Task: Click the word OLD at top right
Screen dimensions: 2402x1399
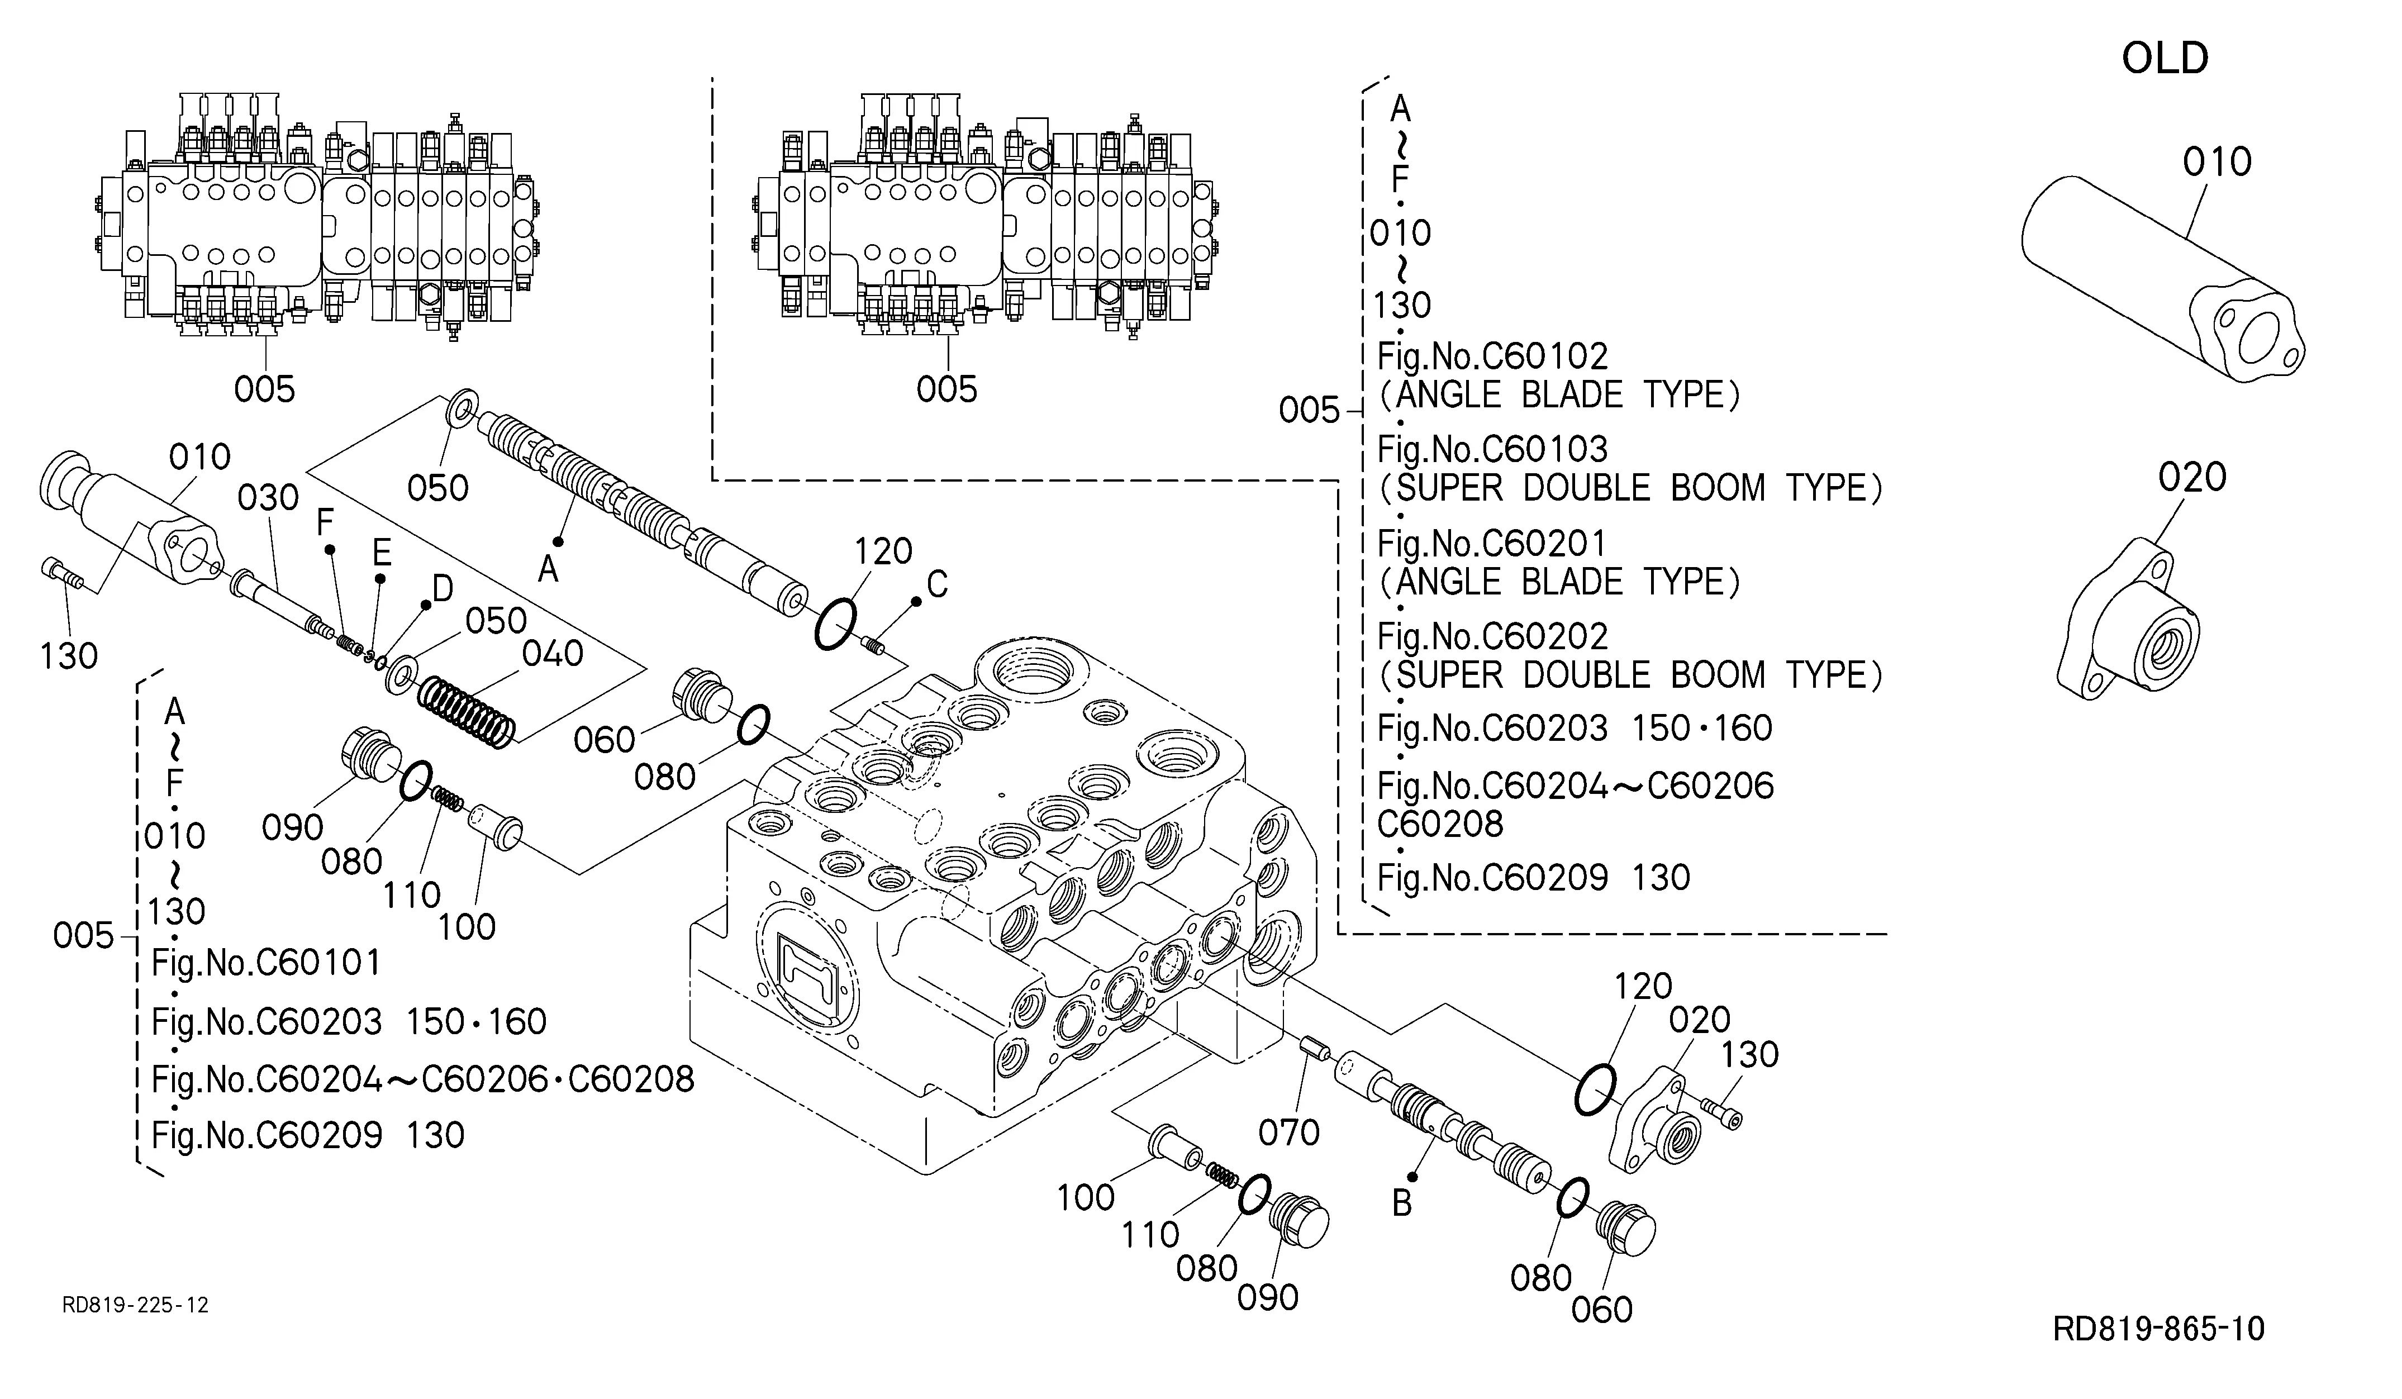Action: click(x=2164, y=59)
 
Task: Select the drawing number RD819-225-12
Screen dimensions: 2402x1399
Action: click(x=135, y=1305)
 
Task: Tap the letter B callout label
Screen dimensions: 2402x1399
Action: click(x=1401, y=1203)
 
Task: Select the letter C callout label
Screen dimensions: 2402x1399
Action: click(x=937, y=584)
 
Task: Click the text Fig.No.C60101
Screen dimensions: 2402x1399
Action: click(x=266, y=963)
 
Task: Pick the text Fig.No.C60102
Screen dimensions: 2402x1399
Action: click(x=1493, y=356)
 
